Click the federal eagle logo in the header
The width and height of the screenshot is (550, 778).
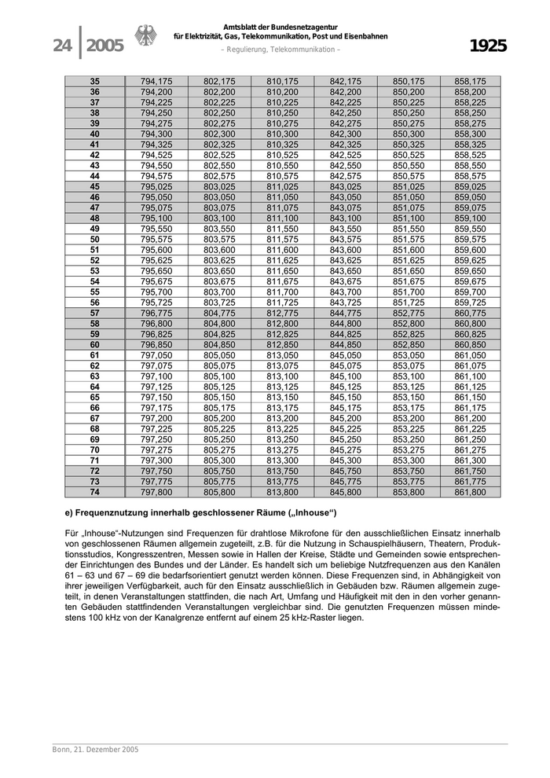[x=146, y=38]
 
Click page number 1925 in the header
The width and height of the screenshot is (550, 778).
[x=488, y=46]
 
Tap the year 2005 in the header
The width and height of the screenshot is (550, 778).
[x=104, y=46]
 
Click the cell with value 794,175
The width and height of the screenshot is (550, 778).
[x=156, y=82]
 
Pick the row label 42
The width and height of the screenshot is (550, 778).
[x=94, y=156]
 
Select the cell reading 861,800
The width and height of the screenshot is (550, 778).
[x=471, y=492]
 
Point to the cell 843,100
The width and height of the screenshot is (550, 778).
[x=345, y=218]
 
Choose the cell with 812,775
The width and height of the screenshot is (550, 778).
[x=282, y=312]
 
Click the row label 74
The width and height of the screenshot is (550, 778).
[x=94, y=492]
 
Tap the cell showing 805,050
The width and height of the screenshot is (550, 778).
[x=219, y=355]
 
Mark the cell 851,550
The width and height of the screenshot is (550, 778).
[x=409, y=229]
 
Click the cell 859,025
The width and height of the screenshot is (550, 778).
[x=471, y=186]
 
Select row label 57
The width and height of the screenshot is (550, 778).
[x=94, y=312]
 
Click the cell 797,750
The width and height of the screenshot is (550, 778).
[x=156, y=471]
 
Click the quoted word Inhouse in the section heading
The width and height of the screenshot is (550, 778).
[x=311, y=513]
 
